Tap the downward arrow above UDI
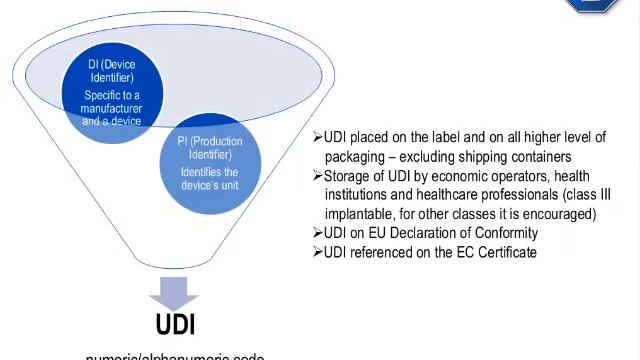click(x=175, y=292)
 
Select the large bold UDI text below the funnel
click(x=175, y=325)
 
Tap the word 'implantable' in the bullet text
click(x=359, y=214)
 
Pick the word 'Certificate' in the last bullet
click(x=503, y=252)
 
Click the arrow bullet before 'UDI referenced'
click(x=317, y=252)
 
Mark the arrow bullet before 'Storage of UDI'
click(x=317, y=176)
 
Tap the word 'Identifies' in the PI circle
click(x=203, y=171)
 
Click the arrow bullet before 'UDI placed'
click(x=317, y=138)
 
